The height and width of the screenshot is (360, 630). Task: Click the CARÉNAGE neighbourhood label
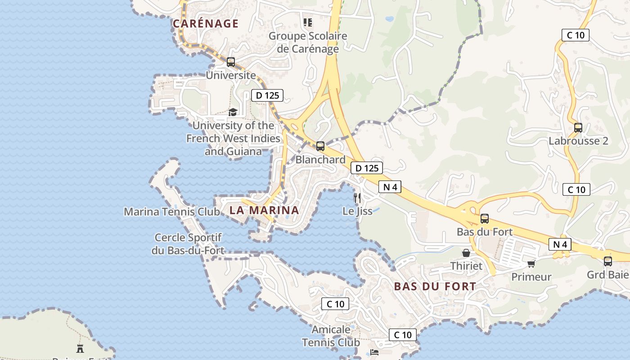point(206,23)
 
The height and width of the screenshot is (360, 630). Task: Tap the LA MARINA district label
point(264,210)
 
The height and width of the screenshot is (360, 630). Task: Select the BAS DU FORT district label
point(435,286)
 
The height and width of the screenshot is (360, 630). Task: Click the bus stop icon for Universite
point(231,62)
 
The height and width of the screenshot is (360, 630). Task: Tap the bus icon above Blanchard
point(320,146)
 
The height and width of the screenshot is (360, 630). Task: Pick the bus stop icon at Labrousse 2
point(578,127)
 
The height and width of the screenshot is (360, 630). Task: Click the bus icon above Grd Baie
point(608,261)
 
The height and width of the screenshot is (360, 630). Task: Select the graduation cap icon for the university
point(233,112)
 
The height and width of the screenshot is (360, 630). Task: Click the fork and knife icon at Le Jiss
point(357,198)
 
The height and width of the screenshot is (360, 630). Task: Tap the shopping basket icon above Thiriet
point(466,253)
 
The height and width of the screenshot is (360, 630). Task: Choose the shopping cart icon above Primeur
point(531,264)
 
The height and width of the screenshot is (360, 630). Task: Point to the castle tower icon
point(80,348)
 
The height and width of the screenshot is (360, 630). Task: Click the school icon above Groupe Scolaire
point(308,22)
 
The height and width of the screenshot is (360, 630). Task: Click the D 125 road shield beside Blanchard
point(367,168)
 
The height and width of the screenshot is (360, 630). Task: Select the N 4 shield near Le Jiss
point(390,187)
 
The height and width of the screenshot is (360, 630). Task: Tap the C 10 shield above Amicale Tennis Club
point(335,304)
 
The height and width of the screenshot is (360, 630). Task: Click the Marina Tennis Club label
point(172,211)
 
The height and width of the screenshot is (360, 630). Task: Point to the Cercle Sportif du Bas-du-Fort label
point(188,244)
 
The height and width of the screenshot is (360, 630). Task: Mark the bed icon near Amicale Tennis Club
point(374,352)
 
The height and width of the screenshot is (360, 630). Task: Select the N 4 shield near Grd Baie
point(560,244)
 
